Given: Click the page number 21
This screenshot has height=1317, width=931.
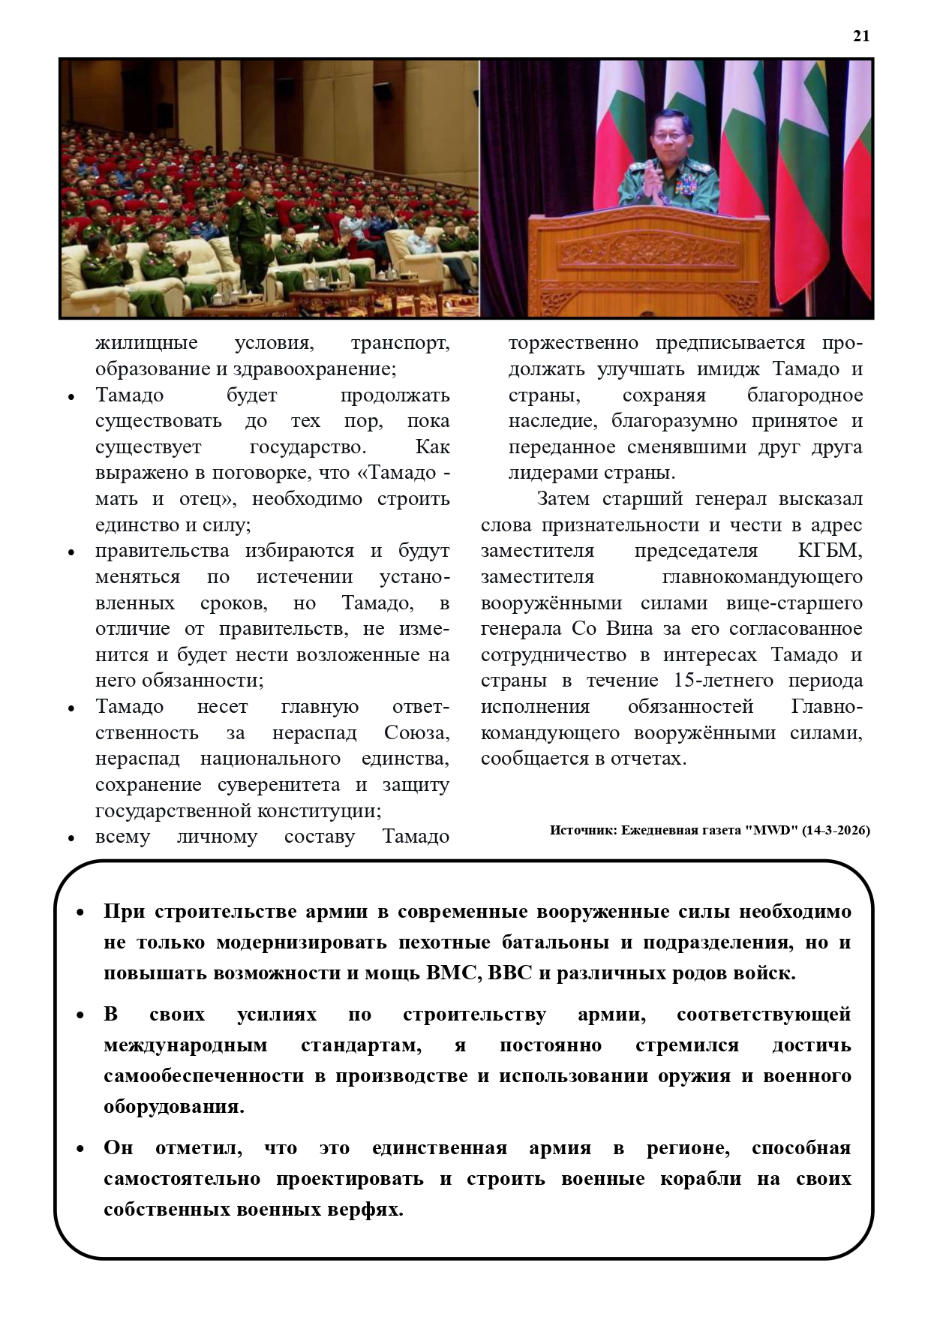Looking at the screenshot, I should tap(860, 36).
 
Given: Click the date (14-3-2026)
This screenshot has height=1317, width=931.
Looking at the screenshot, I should tap(836, 830).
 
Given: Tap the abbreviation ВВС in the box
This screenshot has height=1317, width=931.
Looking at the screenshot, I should tap(510, 973).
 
